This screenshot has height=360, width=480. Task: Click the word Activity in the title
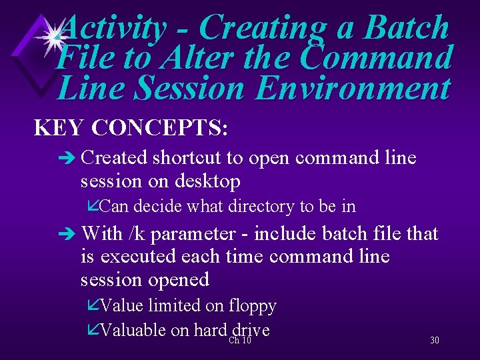click(113, 28)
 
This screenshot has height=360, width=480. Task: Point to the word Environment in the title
click(352, 88)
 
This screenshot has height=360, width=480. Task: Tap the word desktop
click(207, 181)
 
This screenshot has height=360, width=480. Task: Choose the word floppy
click(252, 306)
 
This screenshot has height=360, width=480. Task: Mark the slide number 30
click(435, 341)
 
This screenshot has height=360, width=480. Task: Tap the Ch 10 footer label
click(239, 341)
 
